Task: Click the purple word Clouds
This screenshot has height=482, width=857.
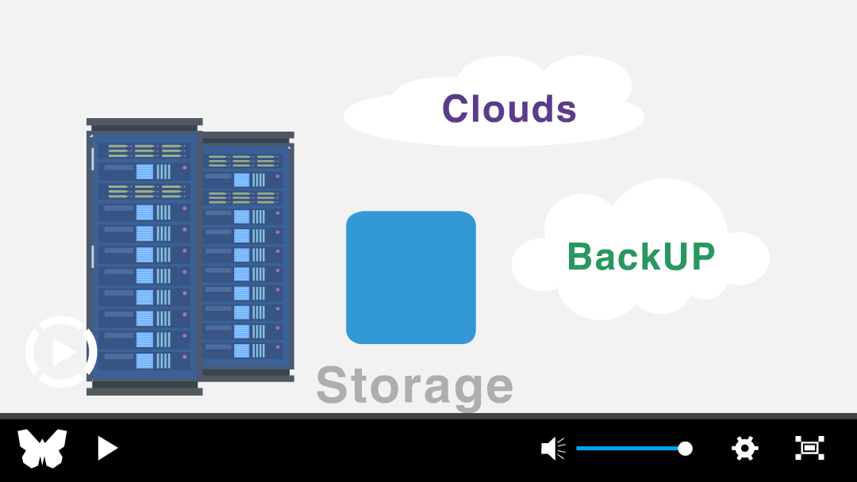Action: pos(509,108)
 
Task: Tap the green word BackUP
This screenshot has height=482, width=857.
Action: pos(641,256)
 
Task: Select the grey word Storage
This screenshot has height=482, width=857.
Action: pos(415,386)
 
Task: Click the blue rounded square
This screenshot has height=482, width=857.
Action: pos(411,277)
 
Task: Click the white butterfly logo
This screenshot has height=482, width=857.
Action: pos(42,448)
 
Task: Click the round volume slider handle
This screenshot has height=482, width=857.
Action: pos(685,449)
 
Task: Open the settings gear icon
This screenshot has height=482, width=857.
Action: pos(745,449)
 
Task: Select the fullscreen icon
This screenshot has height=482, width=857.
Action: pos(809,448)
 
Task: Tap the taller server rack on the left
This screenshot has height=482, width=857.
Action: pos(144,257)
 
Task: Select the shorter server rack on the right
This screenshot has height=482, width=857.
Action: pos(248,257)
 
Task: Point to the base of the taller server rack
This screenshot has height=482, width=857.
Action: pos(144,388)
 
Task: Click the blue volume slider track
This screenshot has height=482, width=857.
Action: pos(628,449)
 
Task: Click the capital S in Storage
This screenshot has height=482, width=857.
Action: pos(332,384)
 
